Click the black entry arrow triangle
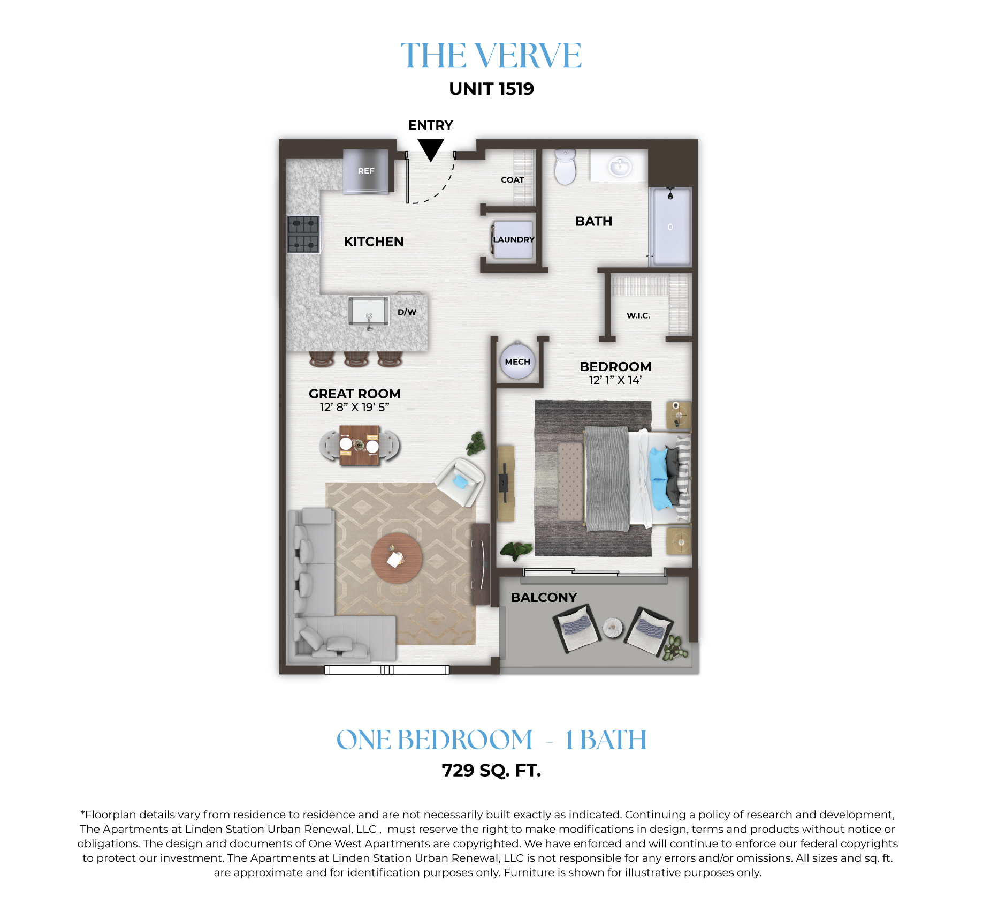pos(431,149)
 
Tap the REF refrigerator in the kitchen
pos(366,171)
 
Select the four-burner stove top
pos(303,234)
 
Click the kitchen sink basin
pos(368,311)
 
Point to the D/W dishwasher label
pos(407,312)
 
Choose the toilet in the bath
pos(566,167)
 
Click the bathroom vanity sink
pos(620,166)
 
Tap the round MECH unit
pos(517,361)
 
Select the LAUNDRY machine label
pos(514,239)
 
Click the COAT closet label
pos(512,180)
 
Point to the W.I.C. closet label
pos(638,315)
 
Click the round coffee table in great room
pos(397,558)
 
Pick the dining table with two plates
pos(359,445)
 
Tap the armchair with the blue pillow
pos(461,481)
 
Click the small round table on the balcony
pos(613,628)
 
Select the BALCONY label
pos(544,598)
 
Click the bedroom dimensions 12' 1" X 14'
pos(615,380)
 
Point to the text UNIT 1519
pos(491,89)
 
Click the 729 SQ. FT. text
pos(491,771)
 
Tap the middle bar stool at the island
pos(356,359)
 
